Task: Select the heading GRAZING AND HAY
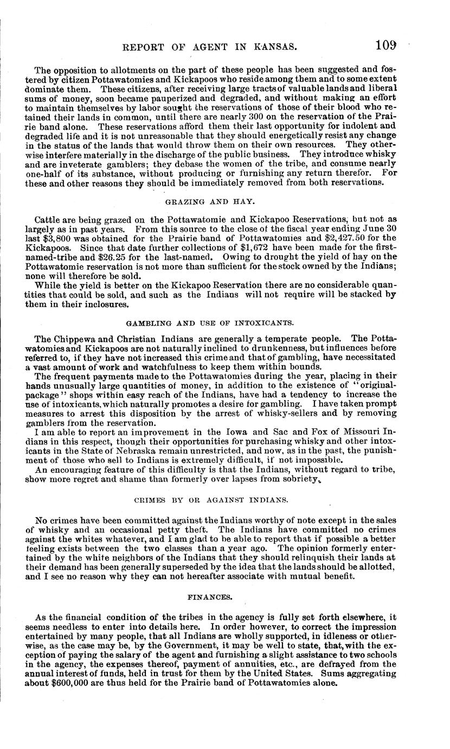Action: point(210,201)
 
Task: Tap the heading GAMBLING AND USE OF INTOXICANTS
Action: point(210,323)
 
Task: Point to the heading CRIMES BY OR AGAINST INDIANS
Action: point(210,499)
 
